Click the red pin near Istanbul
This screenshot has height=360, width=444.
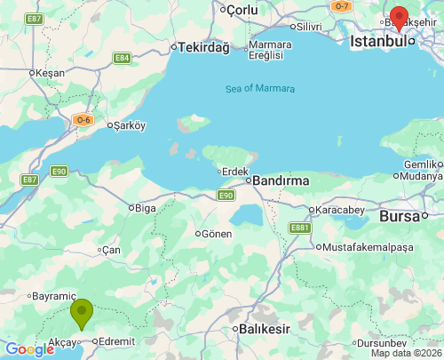(x=400, y=19)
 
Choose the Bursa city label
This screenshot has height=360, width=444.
(x=404, y=216)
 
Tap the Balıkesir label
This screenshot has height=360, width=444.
(x=266, y=329)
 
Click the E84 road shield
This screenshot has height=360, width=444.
(x=123, y=58)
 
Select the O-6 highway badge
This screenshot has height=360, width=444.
(x=83, y=119)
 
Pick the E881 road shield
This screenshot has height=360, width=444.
(x=298, y=228)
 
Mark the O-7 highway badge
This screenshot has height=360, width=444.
(x=342, y=5)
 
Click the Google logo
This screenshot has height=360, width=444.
(x=29, y=349)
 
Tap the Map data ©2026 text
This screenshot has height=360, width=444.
(x=404, y=353)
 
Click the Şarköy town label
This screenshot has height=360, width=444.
(x=129, y=125)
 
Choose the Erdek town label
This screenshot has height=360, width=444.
(x=235, y=171)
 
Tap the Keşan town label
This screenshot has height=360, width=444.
(x=49, y=73)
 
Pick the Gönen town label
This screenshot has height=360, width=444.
(x=217, y=234)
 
